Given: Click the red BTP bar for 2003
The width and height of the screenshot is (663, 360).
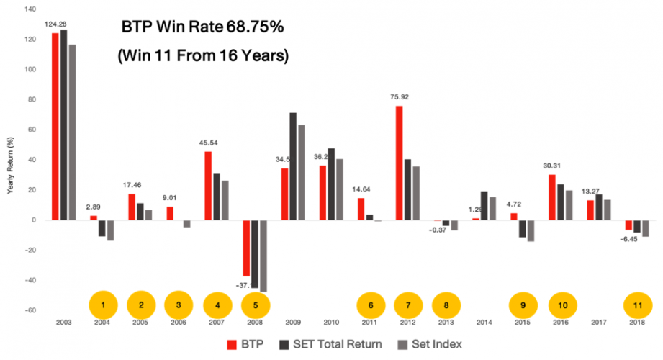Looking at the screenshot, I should (55, 126).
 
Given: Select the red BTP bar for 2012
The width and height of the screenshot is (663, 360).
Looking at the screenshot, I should (398, 163).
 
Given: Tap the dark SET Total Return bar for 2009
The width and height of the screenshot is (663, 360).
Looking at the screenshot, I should (293, 166).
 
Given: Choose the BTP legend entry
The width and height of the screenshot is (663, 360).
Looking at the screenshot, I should (242, 345).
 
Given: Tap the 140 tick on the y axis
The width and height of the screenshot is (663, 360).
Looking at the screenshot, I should (29, 9).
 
